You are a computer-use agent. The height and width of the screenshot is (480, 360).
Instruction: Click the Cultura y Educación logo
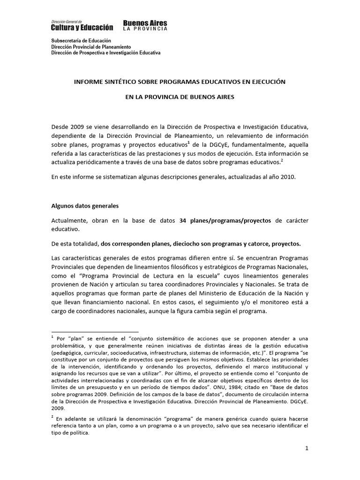click(82, 26)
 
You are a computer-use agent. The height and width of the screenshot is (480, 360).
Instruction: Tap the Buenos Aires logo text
click(145, 23)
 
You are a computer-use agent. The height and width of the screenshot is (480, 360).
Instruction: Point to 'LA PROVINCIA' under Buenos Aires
click(145, 30)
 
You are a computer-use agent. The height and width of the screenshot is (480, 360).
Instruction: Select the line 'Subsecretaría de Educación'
click(81, 41)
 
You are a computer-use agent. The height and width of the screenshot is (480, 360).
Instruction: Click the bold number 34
click(183, 221)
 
